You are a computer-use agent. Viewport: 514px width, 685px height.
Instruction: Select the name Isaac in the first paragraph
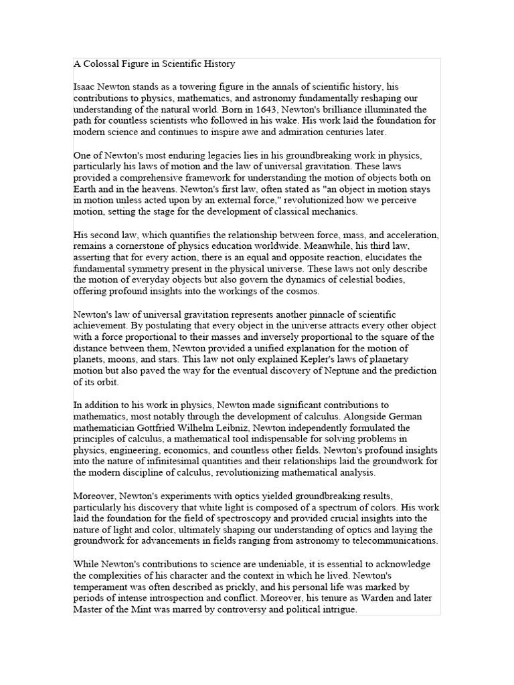tap(85, 86)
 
